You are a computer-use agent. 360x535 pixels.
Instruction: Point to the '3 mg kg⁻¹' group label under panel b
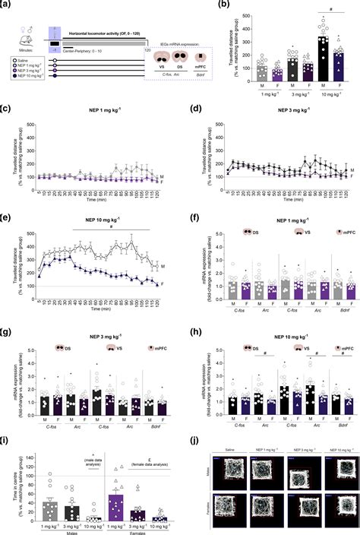[x=302, y=96]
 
